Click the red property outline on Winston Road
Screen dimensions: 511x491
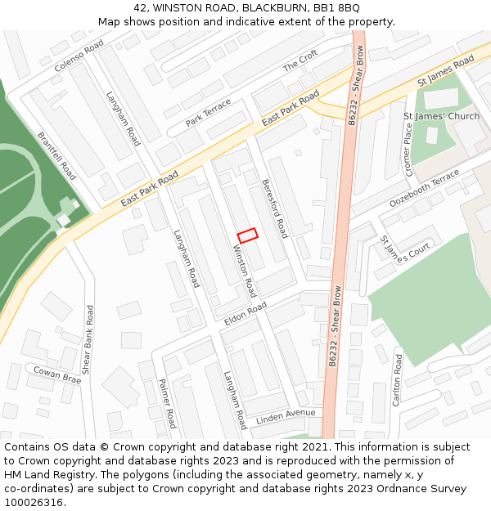pos(247,235)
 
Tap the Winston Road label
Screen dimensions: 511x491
pos(245,271)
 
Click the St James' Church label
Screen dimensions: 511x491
pos(442,117)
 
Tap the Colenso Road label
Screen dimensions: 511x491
pos(79,57)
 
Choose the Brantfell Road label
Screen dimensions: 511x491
pos(56,156)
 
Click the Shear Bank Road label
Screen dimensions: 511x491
pos(89,339)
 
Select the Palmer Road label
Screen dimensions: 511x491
pos(167,403)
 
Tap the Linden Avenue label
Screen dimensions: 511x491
pos(285,416)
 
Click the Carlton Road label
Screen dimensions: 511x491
pos(398,380)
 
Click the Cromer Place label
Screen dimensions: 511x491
pos(408,150)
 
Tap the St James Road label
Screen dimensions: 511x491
pos(445,71)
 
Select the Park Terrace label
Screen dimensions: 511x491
pos(208,113)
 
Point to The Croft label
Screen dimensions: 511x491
pos(300,61)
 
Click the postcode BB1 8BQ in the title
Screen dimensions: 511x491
pos(337,7)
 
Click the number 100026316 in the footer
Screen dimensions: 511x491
pos(34,503)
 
